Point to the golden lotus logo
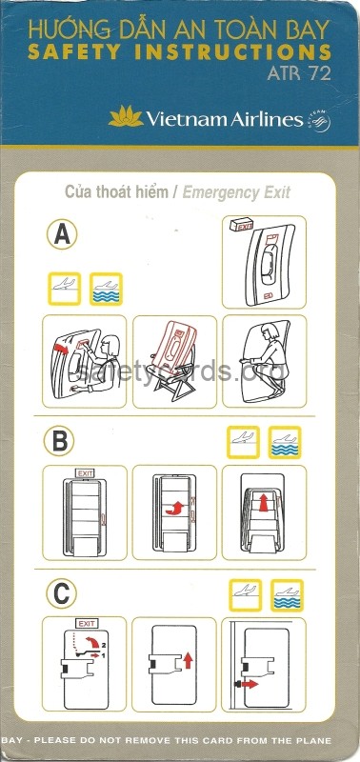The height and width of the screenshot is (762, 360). (x=125, y=117)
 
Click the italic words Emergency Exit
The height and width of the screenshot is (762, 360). (x=236, y=192)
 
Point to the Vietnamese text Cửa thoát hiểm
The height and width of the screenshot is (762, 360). (x=118, y=192)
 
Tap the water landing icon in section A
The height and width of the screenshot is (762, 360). (x=105, y=288)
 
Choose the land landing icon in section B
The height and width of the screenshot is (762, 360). (x=244, y=441)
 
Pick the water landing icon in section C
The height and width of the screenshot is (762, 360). (x=286, y=593)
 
